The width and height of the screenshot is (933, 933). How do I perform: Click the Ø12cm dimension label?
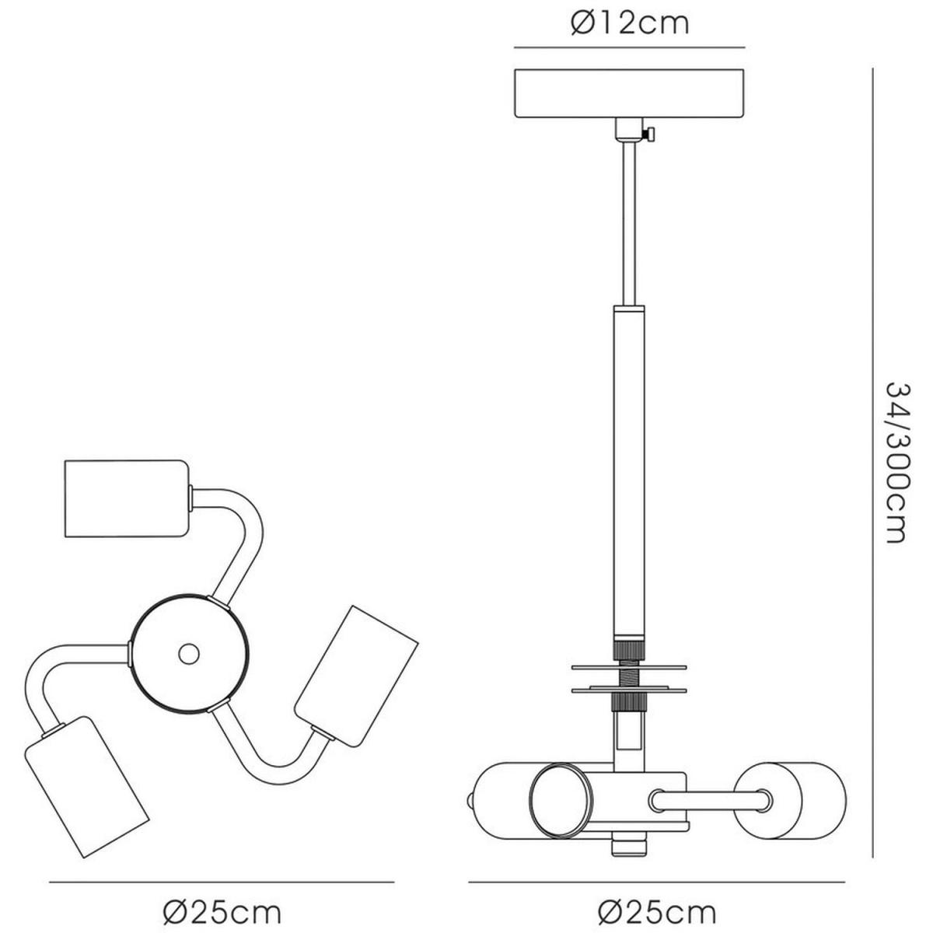(630, 23)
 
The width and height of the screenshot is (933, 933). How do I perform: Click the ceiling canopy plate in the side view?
(629, 93)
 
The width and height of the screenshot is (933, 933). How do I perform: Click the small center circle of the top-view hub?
(188, 654)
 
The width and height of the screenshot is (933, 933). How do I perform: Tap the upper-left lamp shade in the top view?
(126, 498)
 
